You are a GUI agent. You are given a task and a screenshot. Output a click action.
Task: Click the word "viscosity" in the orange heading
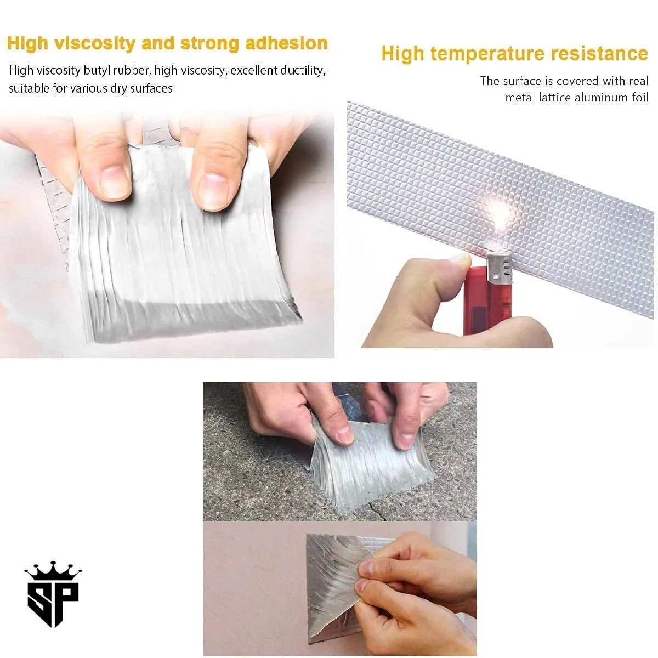pyautogui.click(x=94, y=43)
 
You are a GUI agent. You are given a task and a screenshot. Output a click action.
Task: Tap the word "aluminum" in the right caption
pyautogui.click(x=583, y=98)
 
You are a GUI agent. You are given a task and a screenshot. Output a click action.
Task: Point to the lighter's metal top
pyautogui.click(x=499, y=269)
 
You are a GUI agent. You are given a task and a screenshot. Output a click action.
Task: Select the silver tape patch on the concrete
pyautogui.click(x=367, y=466)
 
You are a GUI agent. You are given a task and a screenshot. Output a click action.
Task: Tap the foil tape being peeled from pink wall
pyautogui.click(x=329, y=587)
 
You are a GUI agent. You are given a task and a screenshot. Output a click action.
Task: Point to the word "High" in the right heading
pyautogui.click(x=402, y=54)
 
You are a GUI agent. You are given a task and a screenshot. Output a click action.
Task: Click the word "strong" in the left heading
pyautogui.click(x=210, y=43)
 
